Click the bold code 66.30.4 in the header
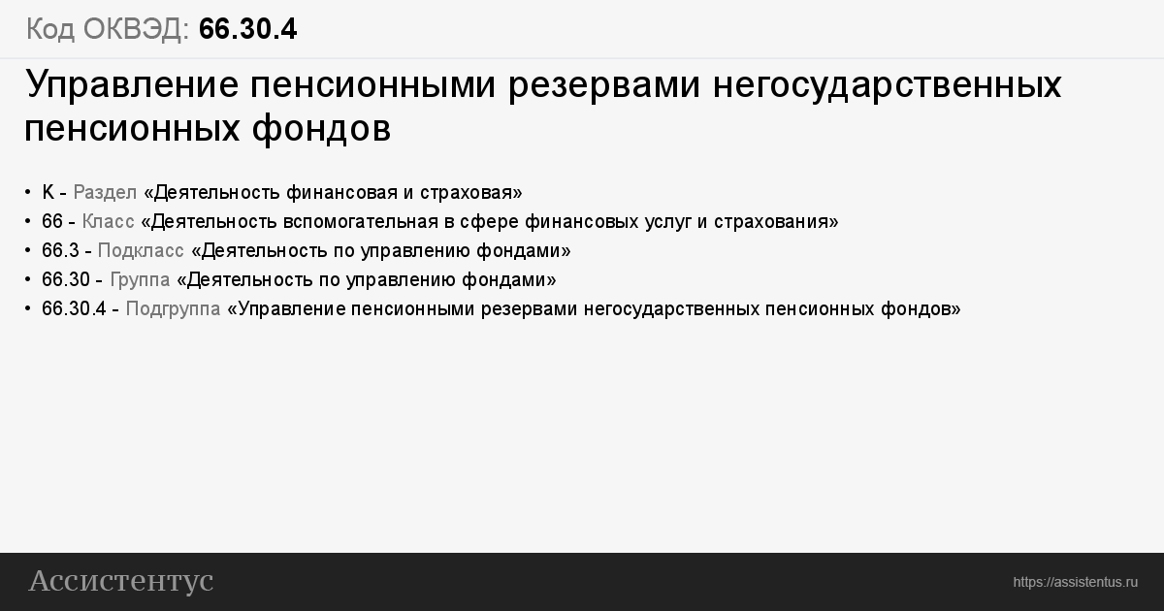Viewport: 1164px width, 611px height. tap(248, 28)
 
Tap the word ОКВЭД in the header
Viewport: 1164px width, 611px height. tap(136, 28)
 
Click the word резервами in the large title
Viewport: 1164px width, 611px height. tap(604, 85)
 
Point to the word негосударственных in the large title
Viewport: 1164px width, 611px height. tap(887, 85)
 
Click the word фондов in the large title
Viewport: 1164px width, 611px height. tap(321, 129)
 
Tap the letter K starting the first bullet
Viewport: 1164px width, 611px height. tap(48, 192)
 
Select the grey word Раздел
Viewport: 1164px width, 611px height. tap(105, 193)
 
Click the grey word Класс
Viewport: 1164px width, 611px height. tap(108, 222)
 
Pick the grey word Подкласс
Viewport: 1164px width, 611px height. tap(141, 251)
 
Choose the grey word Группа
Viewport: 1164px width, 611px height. tap(140, 280)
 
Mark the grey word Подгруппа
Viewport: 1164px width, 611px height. tap(173, 309)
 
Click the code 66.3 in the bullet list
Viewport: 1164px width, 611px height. tap(60, 251)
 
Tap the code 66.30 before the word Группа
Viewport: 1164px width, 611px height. tap(66, 280)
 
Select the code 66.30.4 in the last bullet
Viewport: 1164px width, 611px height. tap(74, 309)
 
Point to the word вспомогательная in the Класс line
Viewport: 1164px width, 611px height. tap(361, 222)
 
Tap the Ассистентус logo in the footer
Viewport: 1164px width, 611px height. tap(121, 581)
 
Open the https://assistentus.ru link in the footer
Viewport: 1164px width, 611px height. tap(1075, 583)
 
